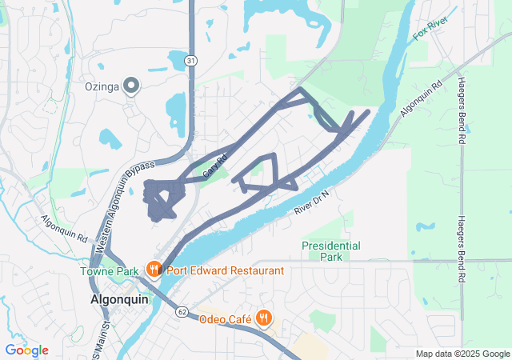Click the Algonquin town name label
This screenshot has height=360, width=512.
coord(115,298)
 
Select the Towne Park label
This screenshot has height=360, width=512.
coord(109,271)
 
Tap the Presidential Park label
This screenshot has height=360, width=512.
coord(330,251)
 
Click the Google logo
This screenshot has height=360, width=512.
coord(26,350)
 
